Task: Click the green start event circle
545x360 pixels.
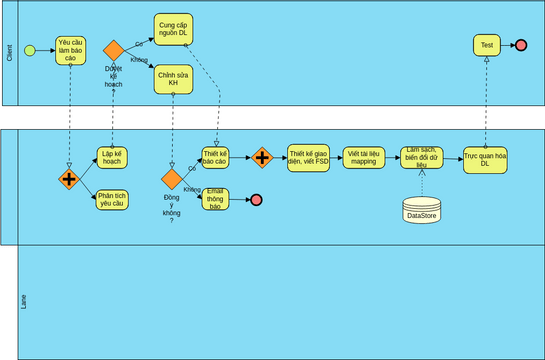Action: pyautogui.click(x=30, y=50)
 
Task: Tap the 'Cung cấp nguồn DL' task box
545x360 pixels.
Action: pyautogui.click(x=173, y=30)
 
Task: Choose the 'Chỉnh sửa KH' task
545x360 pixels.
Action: pyautogui.click(x=173, y=78)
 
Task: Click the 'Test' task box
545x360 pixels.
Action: pyautogui.click(x=487, y=45)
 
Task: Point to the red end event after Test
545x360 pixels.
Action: pyautogui.click(x=520, y=45)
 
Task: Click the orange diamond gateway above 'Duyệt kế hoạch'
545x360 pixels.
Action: pyautogui.click(x=113, y=50)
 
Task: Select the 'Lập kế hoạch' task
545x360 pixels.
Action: pyautogui.click(x=111, y=159)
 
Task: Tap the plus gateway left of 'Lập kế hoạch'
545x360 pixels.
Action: pyautogui.click(x=69, y=179)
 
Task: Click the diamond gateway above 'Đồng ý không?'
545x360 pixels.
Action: pyautogui.click(x=171, y=179)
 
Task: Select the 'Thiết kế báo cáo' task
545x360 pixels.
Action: pyautogui.click(x=215, y=159)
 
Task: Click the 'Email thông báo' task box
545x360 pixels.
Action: pyautogui.click(x=215, y=199)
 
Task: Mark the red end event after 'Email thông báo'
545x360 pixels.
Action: pyautogui.click(x=256, y=200)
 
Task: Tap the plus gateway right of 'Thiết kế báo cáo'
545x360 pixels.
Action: pyautogui.click(x=262, y=158)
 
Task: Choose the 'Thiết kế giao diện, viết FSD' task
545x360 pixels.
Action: pyautogui.click(x=309, y=159)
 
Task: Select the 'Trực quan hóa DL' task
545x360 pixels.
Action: pyautogui.click(x=485, y=159)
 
